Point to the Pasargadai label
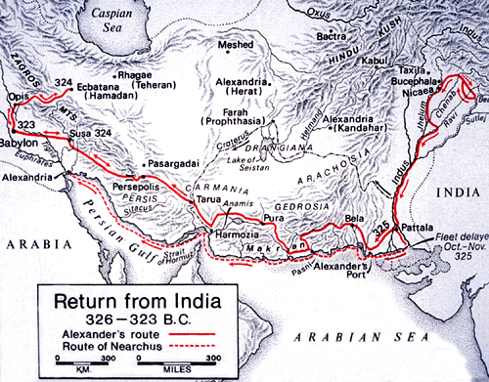[x=176, y=164]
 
